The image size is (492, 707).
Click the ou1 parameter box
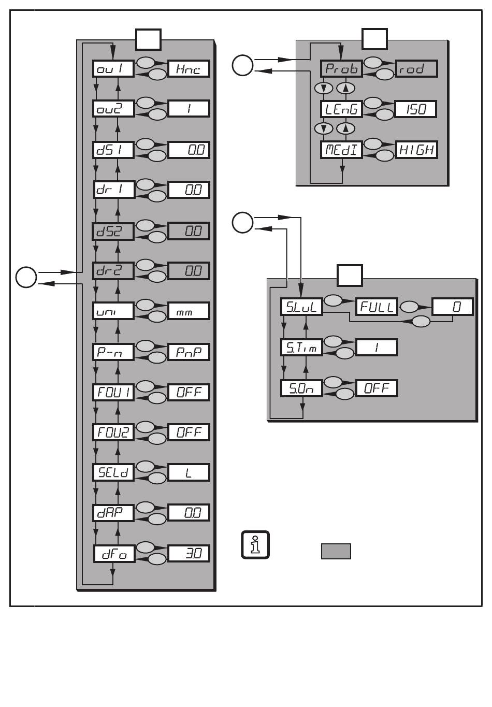pyautogui.click(x=113, y=69)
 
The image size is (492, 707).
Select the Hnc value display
pyautogui.click(x=189, y=69)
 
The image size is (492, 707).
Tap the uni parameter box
pyautogui.click(x=113, y=311)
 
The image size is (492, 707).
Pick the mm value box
pyautogui.click(x=189, y=311)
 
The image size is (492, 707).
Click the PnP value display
pyautogui.click(x=189, y=352)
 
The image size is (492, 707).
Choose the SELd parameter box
pyautogui.click(x=113, y=472)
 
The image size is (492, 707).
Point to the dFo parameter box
pyautogui.click(x=113, y=554)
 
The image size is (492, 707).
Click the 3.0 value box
pyautogui.click(x=189, y=553)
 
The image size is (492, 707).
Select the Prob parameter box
pyautogui.click(x=341, y=68)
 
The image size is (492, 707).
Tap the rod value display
pyautogui.click(x=416, y=68)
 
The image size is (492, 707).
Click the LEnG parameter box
pyautogui.click(x=341, y=109)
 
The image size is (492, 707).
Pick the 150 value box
pyautogui.click(x=416, y=109)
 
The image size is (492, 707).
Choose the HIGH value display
pyautogui.click(x=416, y=150)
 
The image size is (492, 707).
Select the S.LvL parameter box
pyautogui.click(x=301, y=307)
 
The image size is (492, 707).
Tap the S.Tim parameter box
pyautogui.click(x=301, y=347)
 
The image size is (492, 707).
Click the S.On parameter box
pyautogui.click(x=301, y=388)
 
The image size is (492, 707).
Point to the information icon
pyautogui.click(x=255, y=545)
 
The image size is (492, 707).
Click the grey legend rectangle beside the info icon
pyautogui.click(x=336, y=551)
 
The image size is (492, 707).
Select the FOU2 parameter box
pyautogui.click(x=113, y=432)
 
